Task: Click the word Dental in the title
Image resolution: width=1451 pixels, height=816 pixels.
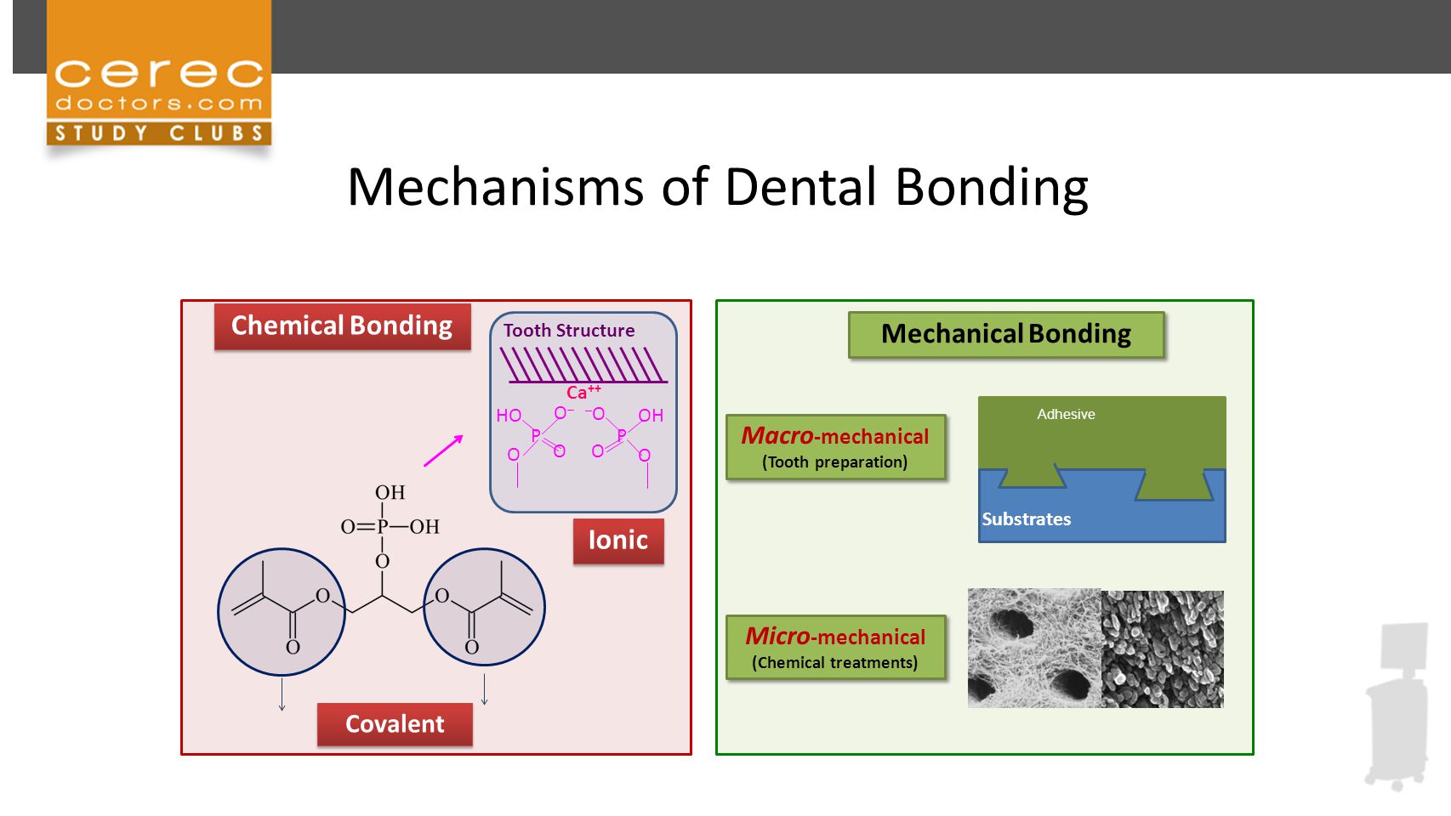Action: click(x=801, y=187)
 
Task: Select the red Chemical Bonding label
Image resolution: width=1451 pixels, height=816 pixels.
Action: click(x=343, y=326)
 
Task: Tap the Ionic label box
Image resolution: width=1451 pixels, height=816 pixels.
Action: click(x=618, y=541)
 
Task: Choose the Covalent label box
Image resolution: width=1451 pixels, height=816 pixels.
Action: click(x=395, y=724)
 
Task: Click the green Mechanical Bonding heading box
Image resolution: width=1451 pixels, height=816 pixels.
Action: click(x=1007, y=334)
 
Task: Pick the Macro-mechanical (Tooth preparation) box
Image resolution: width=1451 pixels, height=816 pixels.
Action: click(x=835, y=447)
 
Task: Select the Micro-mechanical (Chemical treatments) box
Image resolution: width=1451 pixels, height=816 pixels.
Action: click(x=835, y=647)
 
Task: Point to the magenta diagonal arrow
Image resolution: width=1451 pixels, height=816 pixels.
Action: click(x=444, y=450)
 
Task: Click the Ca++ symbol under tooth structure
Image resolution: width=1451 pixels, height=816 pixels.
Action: click(x=583, y=391)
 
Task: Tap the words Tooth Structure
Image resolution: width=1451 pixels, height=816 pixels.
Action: click(x=569, y=331)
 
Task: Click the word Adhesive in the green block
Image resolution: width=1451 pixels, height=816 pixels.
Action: click(x=1066, y=414)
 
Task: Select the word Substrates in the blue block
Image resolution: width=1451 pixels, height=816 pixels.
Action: click(x=1026, y=518)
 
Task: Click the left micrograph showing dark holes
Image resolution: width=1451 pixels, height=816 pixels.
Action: click(x=1034, y=648)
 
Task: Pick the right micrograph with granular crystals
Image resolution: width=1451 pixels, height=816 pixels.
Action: click(x=1163, y=649)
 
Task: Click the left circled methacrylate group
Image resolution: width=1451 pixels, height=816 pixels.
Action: click(x=282, y=612)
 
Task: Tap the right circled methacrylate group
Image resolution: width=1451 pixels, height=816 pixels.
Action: click(x=484, y=607)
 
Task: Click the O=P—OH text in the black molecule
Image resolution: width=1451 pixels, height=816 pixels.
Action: click(x=390, y=526)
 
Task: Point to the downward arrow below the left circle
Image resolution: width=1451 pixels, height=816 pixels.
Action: click(x=282, y=694)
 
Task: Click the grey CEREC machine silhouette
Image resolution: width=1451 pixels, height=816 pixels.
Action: click(x=1397, y=705)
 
